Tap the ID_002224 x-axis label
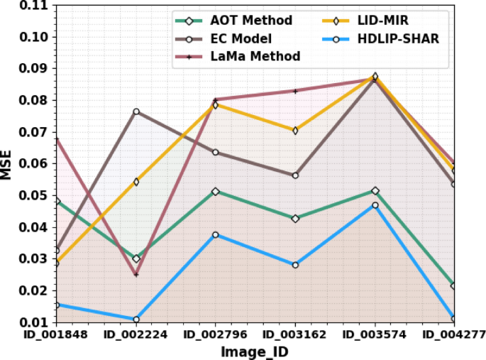[136, 333]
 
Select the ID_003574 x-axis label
[375, 333]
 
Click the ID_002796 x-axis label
[216, 333]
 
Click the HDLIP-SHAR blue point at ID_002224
[136, 320]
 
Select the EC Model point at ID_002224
[136, 111]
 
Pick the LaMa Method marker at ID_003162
[295, 91]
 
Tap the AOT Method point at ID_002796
[216, 192]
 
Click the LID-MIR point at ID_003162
[295, 131]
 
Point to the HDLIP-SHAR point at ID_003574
[375, 205]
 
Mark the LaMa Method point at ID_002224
[136, 274]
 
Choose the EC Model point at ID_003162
[295, 175]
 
